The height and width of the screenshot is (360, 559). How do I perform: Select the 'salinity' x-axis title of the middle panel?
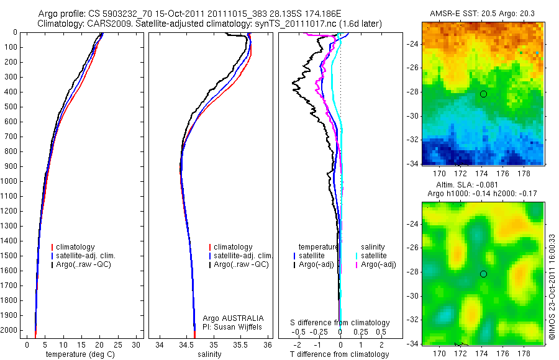coord(208,354)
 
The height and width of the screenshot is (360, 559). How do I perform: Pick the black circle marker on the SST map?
coord(483,94)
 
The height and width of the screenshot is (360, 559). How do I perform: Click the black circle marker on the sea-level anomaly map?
coord(483,274)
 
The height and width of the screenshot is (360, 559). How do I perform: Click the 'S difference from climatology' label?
coord(340,323)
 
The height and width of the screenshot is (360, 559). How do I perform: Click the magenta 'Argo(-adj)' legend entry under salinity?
coord(378,264)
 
